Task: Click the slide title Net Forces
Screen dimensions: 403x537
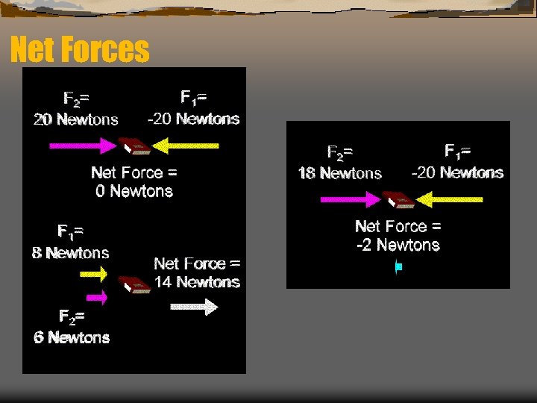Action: point(80,51)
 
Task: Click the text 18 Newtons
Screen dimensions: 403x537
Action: point(339,173)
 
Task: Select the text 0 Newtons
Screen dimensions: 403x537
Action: point(134,191)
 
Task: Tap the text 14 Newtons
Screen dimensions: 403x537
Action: point(197,282)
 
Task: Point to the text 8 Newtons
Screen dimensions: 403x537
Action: point(71,253)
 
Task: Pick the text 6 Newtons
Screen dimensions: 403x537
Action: point(72,337)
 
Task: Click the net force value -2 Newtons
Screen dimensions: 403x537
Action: point(398,245)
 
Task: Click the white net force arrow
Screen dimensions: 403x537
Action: point(193,306)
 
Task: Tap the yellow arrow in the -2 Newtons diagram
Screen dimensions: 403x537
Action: point(450,199)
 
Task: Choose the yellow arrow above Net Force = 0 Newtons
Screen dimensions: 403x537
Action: point(190,146)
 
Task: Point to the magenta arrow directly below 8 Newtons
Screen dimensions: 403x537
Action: point(93,274)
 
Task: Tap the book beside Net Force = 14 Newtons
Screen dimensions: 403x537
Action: point(134,284)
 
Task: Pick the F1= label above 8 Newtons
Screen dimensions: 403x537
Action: point(70,231)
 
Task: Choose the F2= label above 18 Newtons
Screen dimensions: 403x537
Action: point(340,153)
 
